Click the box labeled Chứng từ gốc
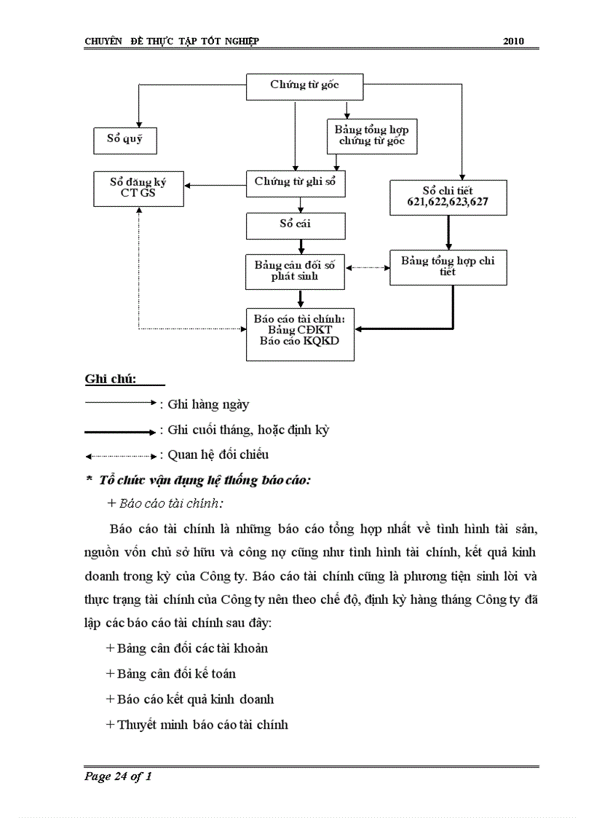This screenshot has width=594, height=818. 304,87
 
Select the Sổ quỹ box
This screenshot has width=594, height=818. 124,140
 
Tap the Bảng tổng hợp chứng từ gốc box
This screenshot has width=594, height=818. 372,136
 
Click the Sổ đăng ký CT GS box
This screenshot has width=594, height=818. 138,189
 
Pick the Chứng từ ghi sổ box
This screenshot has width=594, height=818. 295,183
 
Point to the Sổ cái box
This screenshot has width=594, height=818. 295,225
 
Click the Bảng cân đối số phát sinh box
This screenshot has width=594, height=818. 295,271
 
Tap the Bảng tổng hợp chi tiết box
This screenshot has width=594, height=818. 448,267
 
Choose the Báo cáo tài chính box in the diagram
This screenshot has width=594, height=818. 300,334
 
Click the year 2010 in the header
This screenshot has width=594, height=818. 513,41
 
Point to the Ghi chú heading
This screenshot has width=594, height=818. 111,379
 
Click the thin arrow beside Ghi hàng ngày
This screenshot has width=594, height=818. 120,402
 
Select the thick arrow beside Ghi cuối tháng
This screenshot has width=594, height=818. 120,432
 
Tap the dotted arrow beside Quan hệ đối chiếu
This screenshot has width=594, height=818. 120,457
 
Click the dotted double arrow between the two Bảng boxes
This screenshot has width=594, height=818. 367,267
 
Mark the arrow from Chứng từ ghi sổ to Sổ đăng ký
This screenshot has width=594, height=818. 215,185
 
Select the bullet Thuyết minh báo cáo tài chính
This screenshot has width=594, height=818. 197,725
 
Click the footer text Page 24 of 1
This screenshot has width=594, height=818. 118,776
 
